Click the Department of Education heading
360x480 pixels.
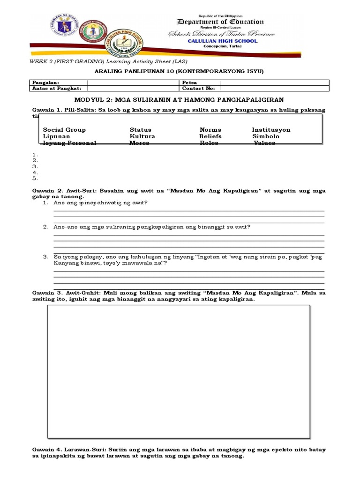[220, 22]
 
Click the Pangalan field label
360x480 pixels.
[45, 82]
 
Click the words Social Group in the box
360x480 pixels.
[64, 130]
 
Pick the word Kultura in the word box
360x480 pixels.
[142, 136]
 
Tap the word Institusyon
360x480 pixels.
[271, 130]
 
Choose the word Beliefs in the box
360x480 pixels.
[210, 136]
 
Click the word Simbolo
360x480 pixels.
[265, 136]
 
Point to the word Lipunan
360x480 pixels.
[56, 136]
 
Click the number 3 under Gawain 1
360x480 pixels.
[34, 166]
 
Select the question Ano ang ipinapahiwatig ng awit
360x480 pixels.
[101, 202]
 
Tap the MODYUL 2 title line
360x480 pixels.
[180, 100]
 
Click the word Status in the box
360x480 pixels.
[141, 130]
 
